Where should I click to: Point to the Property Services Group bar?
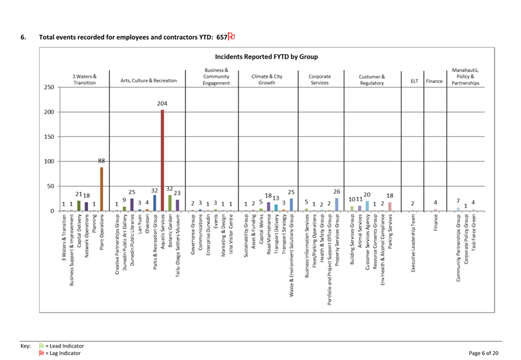(x=337, y=204)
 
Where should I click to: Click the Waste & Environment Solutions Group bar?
(x=291, y=204)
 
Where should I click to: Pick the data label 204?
(x=162, y=103)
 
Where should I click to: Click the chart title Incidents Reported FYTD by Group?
(x=266, y=57)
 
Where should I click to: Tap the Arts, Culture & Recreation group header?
(x=148, y=80)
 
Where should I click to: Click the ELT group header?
(x=412, y=80)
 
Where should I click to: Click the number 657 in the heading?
(x=222, y=37)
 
